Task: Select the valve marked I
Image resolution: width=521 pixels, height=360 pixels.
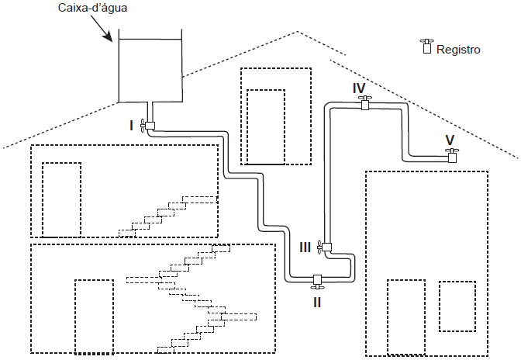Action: pyautogui.click(x=149, y=124)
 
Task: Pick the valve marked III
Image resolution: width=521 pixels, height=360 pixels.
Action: pyautogui.click(x=326, y=247)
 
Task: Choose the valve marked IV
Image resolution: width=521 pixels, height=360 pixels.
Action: pyautogui.click(x=364, y=103)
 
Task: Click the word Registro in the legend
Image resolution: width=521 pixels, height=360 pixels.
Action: pyautogui.click(x=459, y=50)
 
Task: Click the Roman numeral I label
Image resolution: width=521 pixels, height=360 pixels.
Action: pyautogui.click(x=132, y=124)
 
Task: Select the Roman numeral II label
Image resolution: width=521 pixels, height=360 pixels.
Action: pyautogui.click(x=317, y=302)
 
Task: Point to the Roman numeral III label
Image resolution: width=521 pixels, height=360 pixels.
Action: pyautogui.click(x=305, y=247)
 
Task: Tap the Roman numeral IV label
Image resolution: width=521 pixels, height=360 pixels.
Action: pyautogui.click(x=359, y=88)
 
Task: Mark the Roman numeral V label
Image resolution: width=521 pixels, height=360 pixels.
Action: pyautogui.click(x=450, y=140)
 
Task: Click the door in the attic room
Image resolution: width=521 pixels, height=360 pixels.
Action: pyautogui.click(x=265, y=126)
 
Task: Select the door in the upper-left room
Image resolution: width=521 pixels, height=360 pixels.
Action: pyautogui.click(x=61, y=199)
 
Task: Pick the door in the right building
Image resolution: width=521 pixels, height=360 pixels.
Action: pyautogui.click(x=405, y=317)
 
